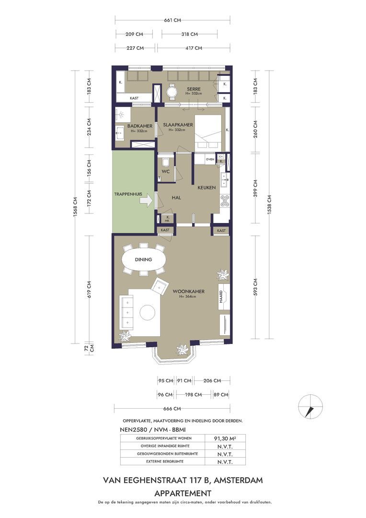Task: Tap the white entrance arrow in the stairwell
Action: click(146, 200)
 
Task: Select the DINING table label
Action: click(143, 259)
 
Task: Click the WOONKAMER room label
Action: click(189, 291)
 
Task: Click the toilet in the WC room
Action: click(166, 162)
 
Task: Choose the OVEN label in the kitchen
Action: click(210, 159)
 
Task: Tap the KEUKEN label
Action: click(206, 188)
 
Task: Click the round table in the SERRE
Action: click(172, 91)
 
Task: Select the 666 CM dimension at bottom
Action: click(172, 409)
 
